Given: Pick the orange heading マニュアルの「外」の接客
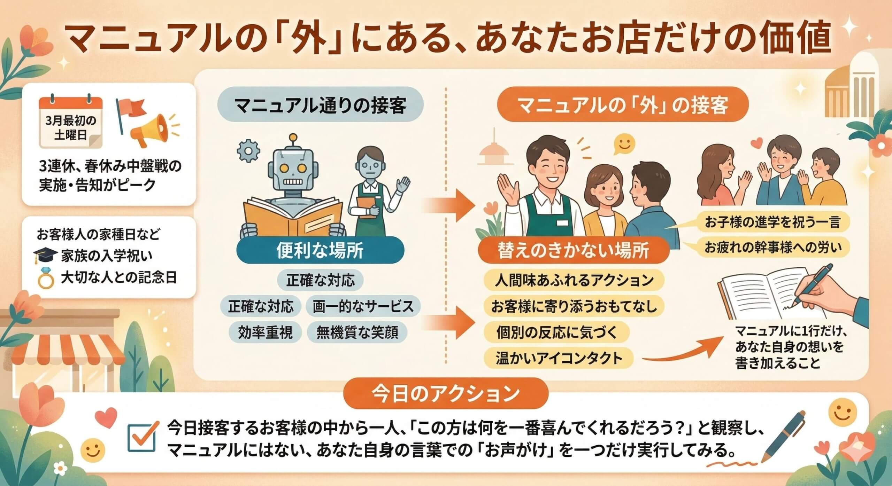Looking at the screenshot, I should click(x=622, y=105).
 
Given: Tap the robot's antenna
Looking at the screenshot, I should click(x=294, y=138).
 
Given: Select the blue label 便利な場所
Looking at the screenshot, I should click(x=320, y=250).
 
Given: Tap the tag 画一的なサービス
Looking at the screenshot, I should click(x=363, y=306).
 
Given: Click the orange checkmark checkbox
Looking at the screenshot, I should click(x=142, y=438).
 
